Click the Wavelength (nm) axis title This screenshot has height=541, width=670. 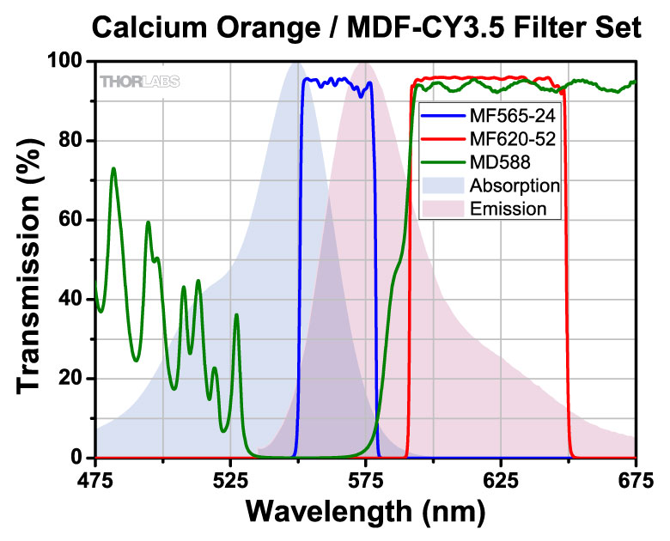[366, 512]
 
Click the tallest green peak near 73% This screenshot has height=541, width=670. [113, 169]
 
